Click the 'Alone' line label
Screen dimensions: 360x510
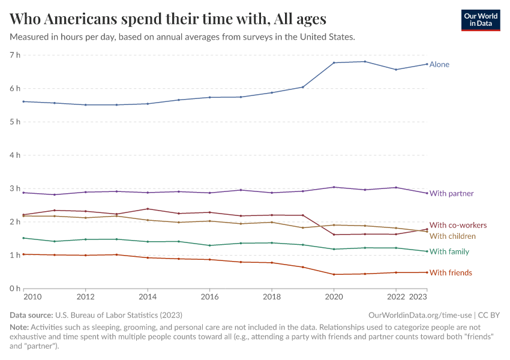pos(439,64)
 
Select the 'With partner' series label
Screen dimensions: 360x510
pos(451,194)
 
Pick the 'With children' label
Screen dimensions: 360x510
pos(452,236)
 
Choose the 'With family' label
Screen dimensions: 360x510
pos(449,252)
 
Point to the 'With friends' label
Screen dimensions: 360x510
pos(451,273)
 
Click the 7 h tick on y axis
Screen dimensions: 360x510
pos(14,55)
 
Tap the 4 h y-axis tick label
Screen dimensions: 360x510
pos(14,155)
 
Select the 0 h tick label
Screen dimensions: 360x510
pos(14,289)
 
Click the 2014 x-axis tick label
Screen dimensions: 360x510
pos(148,296)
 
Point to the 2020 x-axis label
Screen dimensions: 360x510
pos(334,296)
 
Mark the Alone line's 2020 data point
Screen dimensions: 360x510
pos(334,63)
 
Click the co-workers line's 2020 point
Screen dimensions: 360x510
pos(334,235)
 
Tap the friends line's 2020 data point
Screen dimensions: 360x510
pos(334,274)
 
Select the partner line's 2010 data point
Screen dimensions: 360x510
pos(23,193)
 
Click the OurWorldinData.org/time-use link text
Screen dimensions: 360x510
pos(419,315)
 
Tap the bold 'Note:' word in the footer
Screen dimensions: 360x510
pos(21,327)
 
